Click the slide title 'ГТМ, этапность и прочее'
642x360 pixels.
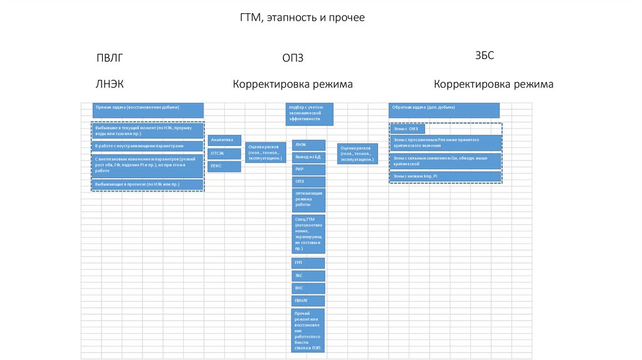[x=302, y=18]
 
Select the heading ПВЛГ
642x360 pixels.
[x=110, y=58]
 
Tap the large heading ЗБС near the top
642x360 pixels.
[x=485, y=55]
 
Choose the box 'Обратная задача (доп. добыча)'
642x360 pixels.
[x=444, y=110]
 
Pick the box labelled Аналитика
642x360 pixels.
[x=224, y=140]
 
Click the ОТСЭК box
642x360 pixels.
[x=224, y=153]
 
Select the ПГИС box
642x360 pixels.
[x=224, y=166]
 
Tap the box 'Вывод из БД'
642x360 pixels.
[x=308, y=157]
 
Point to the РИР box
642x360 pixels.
[x=308, y=169]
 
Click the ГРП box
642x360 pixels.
[x=308, y=263]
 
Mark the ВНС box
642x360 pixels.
[x=308, y=288]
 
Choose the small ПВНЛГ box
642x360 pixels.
[x=308, y=300]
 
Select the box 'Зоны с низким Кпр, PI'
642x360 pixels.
[x=445, y=177]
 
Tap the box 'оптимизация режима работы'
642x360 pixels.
[x=308, y=199]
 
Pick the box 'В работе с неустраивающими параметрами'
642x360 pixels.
[x=148, y=146]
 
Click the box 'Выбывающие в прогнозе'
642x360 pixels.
[x=148, y=184]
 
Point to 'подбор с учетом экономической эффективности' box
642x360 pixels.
[x=309, y=114]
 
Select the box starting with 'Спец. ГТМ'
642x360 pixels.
[x=308, y=233]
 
